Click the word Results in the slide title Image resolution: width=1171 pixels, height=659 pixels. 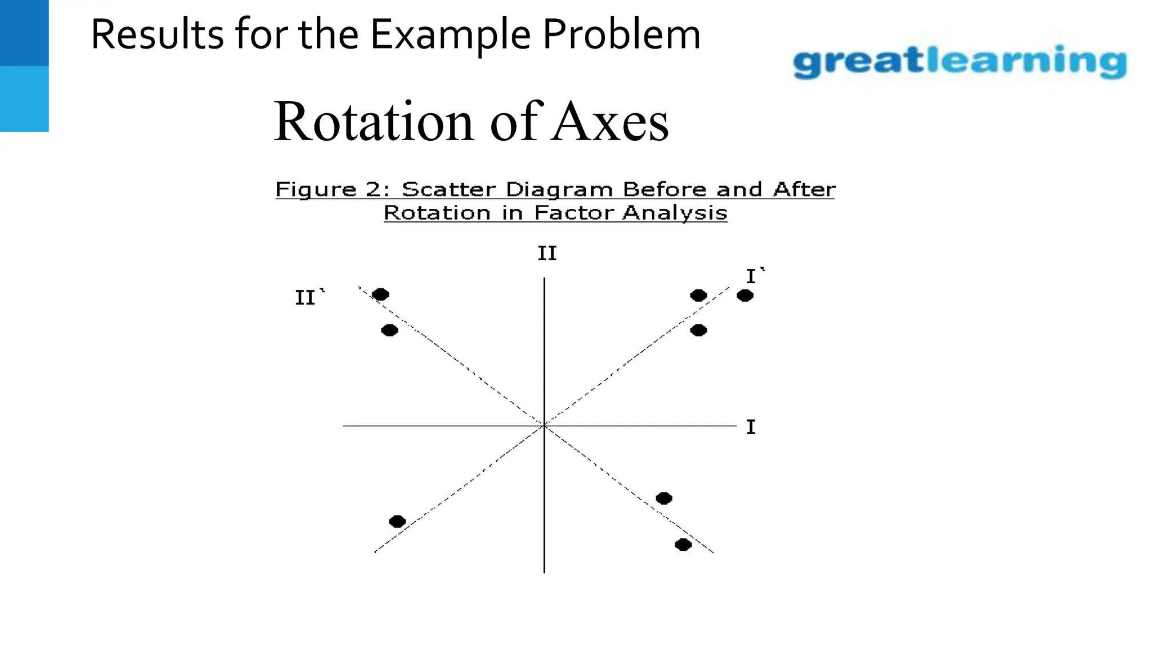click(x=157, y=34)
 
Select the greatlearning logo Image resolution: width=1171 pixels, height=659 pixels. click(x=959, y=62)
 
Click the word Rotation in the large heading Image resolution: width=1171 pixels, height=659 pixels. click(x=373, y=121)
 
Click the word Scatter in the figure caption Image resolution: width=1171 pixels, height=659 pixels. click(x=448, y=189)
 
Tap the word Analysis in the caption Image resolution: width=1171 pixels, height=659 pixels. click(x=675, y=213)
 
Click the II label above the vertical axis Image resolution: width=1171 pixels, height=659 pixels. click(x=547, y=253)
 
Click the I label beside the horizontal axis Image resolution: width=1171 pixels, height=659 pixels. click(x=751, y=427)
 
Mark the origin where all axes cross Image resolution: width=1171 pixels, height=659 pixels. click(x=544, y=426)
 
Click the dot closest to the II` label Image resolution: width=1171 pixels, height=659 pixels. click(x=380, y=295)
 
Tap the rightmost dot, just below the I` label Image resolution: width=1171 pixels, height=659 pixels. click(x=744, y=296)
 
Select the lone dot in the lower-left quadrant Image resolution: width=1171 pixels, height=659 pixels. click(x=397, y=522)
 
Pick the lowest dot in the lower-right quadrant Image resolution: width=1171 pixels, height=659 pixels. click(x=683, y=545)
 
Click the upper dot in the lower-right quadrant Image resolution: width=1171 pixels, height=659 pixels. click(x=663, y=498)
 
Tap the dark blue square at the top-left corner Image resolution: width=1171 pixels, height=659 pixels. click(x=24, y=33)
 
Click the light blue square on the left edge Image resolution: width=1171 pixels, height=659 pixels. click(x=24, y=99)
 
